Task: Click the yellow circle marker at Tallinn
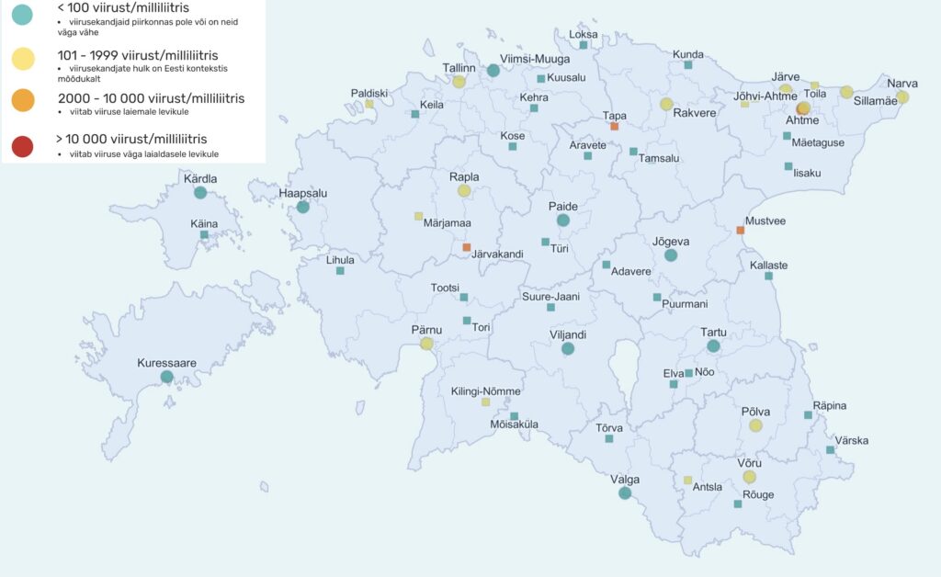click(x=459, y=81)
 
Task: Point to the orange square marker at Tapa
click(x=615, y=126)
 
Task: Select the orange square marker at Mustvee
click(x=741, y=230)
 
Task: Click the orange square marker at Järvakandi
click(x=467, y=247)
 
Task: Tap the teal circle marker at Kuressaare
click(x=166, y=377)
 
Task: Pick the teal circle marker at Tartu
click(x=713, y=346)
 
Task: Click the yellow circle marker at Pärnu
click(x=426, y=344)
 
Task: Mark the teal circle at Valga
click(x=625, y=493)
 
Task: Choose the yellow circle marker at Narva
click(x=902, y=96)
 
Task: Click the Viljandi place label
click(x=567, y=335)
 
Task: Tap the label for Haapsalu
click(x=302, y=193)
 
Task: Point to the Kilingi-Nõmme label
click(x=485, y=391)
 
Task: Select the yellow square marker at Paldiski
click(x=369, y=104)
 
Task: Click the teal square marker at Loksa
click(x=584, y=45)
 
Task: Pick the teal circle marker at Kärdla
click(x=199, y=193)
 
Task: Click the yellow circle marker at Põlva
click(x=755, y=425)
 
